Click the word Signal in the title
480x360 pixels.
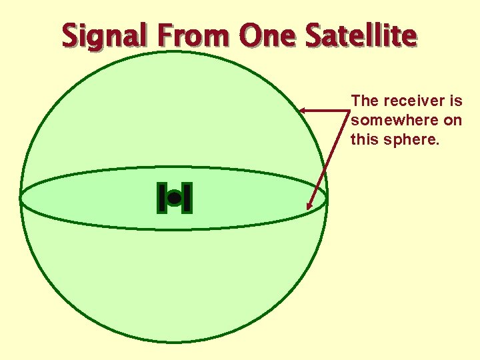point(107,36)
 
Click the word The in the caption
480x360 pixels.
point(364,101)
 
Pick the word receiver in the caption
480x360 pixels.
point(413,101)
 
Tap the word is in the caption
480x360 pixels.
point(456,101)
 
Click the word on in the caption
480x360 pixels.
point(451,121)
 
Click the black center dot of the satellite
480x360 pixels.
point(174,198)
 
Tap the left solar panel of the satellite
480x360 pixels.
point(161,198)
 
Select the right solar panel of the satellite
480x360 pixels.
point(187,198)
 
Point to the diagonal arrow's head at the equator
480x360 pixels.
point(309,207)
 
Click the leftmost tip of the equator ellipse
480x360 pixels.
point(20,198)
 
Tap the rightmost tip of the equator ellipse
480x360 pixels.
point(327,198)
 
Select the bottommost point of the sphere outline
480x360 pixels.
point(174,343)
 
